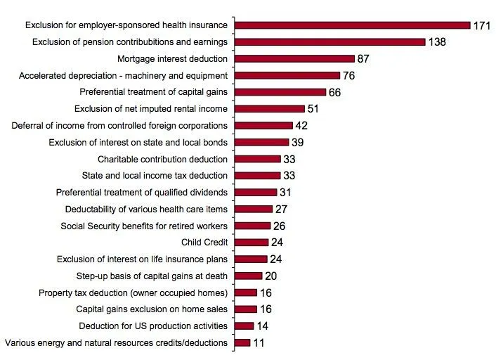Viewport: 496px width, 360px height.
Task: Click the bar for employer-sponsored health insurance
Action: [x=352, y=25]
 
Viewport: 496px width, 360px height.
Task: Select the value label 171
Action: [x=482, y=25]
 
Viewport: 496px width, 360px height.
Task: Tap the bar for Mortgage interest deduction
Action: [x=294, y=58]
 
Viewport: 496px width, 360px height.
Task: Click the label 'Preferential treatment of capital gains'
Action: [x=154, y=92]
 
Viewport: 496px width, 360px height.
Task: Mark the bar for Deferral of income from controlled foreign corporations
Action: [x=263, y=125]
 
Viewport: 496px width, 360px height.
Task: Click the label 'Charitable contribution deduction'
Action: [x=162, y=159]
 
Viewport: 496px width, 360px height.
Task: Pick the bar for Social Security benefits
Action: [x=252, y=226]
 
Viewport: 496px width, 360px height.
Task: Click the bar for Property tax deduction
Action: [x=245, y=292]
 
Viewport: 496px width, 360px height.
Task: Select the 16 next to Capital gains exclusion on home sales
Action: [x=267, y=309]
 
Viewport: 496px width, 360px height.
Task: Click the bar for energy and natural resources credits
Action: [x=242, y=342]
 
